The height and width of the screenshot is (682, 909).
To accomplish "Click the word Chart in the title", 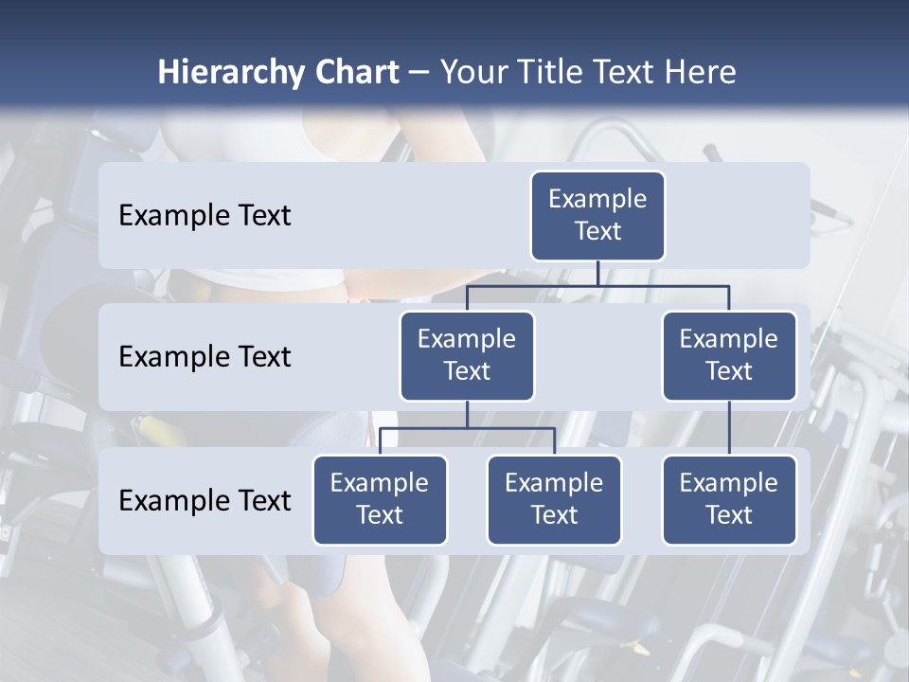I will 352,73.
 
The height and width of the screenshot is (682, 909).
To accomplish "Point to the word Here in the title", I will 698,73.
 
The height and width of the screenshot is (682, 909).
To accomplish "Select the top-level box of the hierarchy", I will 597,215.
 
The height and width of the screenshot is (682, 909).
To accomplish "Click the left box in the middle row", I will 467,355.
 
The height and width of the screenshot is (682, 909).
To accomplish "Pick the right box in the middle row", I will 729,355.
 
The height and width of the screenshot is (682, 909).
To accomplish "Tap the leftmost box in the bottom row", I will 380,499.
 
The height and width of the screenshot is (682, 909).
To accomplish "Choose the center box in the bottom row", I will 554,499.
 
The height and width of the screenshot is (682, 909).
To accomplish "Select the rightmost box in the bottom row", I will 729,499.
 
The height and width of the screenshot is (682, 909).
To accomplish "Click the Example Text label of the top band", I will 205,215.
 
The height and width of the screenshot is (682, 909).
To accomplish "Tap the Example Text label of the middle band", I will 205,356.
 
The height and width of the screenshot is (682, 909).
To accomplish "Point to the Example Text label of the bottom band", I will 205,500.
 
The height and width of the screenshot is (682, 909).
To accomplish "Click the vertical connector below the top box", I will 597,273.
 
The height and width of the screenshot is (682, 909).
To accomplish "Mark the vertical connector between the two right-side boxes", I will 729,427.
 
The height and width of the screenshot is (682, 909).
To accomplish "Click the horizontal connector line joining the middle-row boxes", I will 597,285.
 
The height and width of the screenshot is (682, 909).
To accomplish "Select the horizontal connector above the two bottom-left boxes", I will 467,428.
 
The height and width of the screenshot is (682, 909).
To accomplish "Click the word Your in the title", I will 471,73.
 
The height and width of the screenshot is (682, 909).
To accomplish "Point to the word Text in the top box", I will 597,231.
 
